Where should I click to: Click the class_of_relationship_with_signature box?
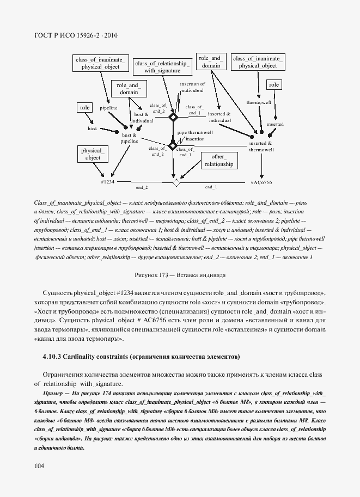[162, 67]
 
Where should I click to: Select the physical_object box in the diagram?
[93, 154]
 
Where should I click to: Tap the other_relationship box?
[218, 161]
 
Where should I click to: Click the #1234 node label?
[108, 182]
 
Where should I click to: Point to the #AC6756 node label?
[261, 182]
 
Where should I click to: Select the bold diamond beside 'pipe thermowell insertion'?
[173, 145]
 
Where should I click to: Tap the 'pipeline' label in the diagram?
[108, 108]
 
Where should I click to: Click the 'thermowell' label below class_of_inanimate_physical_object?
[255, 102]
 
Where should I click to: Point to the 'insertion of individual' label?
[192, 88]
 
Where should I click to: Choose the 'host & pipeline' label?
[129, 138]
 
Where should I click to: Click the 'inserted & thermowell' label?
[261, 146]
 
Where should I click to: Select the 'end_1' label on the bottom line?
[211, 187]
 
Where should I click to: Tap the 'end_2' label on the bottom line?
[142, 187]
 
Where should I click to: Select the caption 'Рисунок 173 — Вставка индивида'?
[179, 276]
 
